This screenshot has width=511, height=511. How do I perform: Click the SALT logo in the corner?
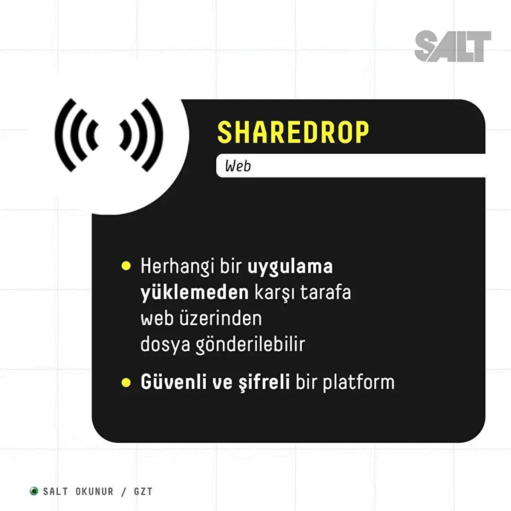coord(453,46)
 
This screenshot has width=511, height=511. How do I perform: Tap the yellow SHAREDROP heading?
coord(293,132)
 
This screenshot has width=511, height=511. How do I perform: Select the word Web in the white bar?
coord(238,166)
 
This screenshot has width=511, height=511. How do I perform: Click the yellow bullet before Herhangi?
coord(126,266)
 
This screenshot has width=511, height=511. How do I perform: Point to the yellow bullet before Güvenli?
coord(126,383)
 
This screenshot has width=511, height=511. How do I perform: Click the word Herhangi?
coord(178,267)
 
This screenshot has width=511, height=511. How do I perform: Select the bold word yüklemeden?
coord(195,293)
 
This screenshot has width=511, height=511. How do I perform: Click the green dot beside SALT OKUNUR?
coord(34,469)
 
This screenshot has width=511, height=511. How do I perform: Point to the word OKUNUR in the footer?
coord(95,469)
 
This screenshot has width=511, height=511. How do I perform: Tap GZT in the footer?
coord(144,469)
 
